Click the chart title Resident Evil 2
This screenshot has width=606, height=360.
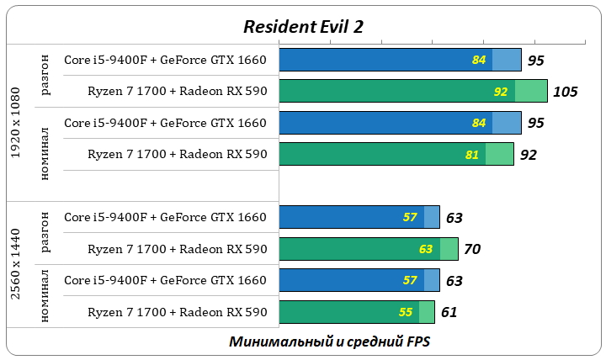(303, 27)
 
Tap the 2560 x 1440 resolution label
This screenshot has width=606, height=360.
(17, 263)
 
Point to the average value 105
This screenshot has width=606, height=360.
(565, 92)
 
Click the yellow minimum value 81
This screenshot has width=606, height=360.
(471, 155)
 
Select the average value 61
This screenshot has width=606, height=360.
(449, 313)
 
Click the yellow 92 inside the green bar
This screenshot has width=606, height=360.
(501, 92)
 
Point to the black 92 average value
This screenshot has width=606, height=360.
(528, 155)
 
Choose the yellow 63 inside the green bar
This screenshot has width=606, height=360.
(425, 250)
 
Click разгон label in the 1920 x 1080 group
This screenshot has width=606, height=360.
(45, 76)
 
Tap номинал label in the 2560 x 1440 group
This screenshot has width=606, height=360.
(45, 295)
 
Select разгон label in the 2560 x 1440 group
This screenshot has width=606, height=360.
(45, 233)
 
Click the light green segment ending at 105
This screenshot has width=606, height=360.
(531, 92)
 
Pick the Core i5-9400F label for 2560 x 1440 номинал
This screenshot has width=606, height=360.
(165, 280)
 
